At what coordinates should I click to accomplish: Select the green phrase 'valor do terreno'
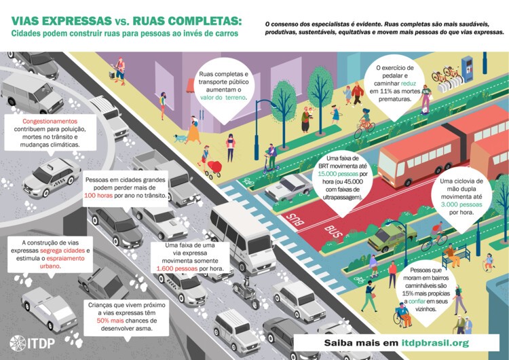(x=224, y=98)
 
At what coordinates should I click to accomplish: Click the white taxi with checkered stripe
(x=51, y=176)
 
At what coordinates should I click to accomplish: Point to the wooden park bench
(x=455, y=256)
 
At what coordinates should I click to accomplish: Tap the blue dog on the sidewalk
(x=181, y=138)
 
